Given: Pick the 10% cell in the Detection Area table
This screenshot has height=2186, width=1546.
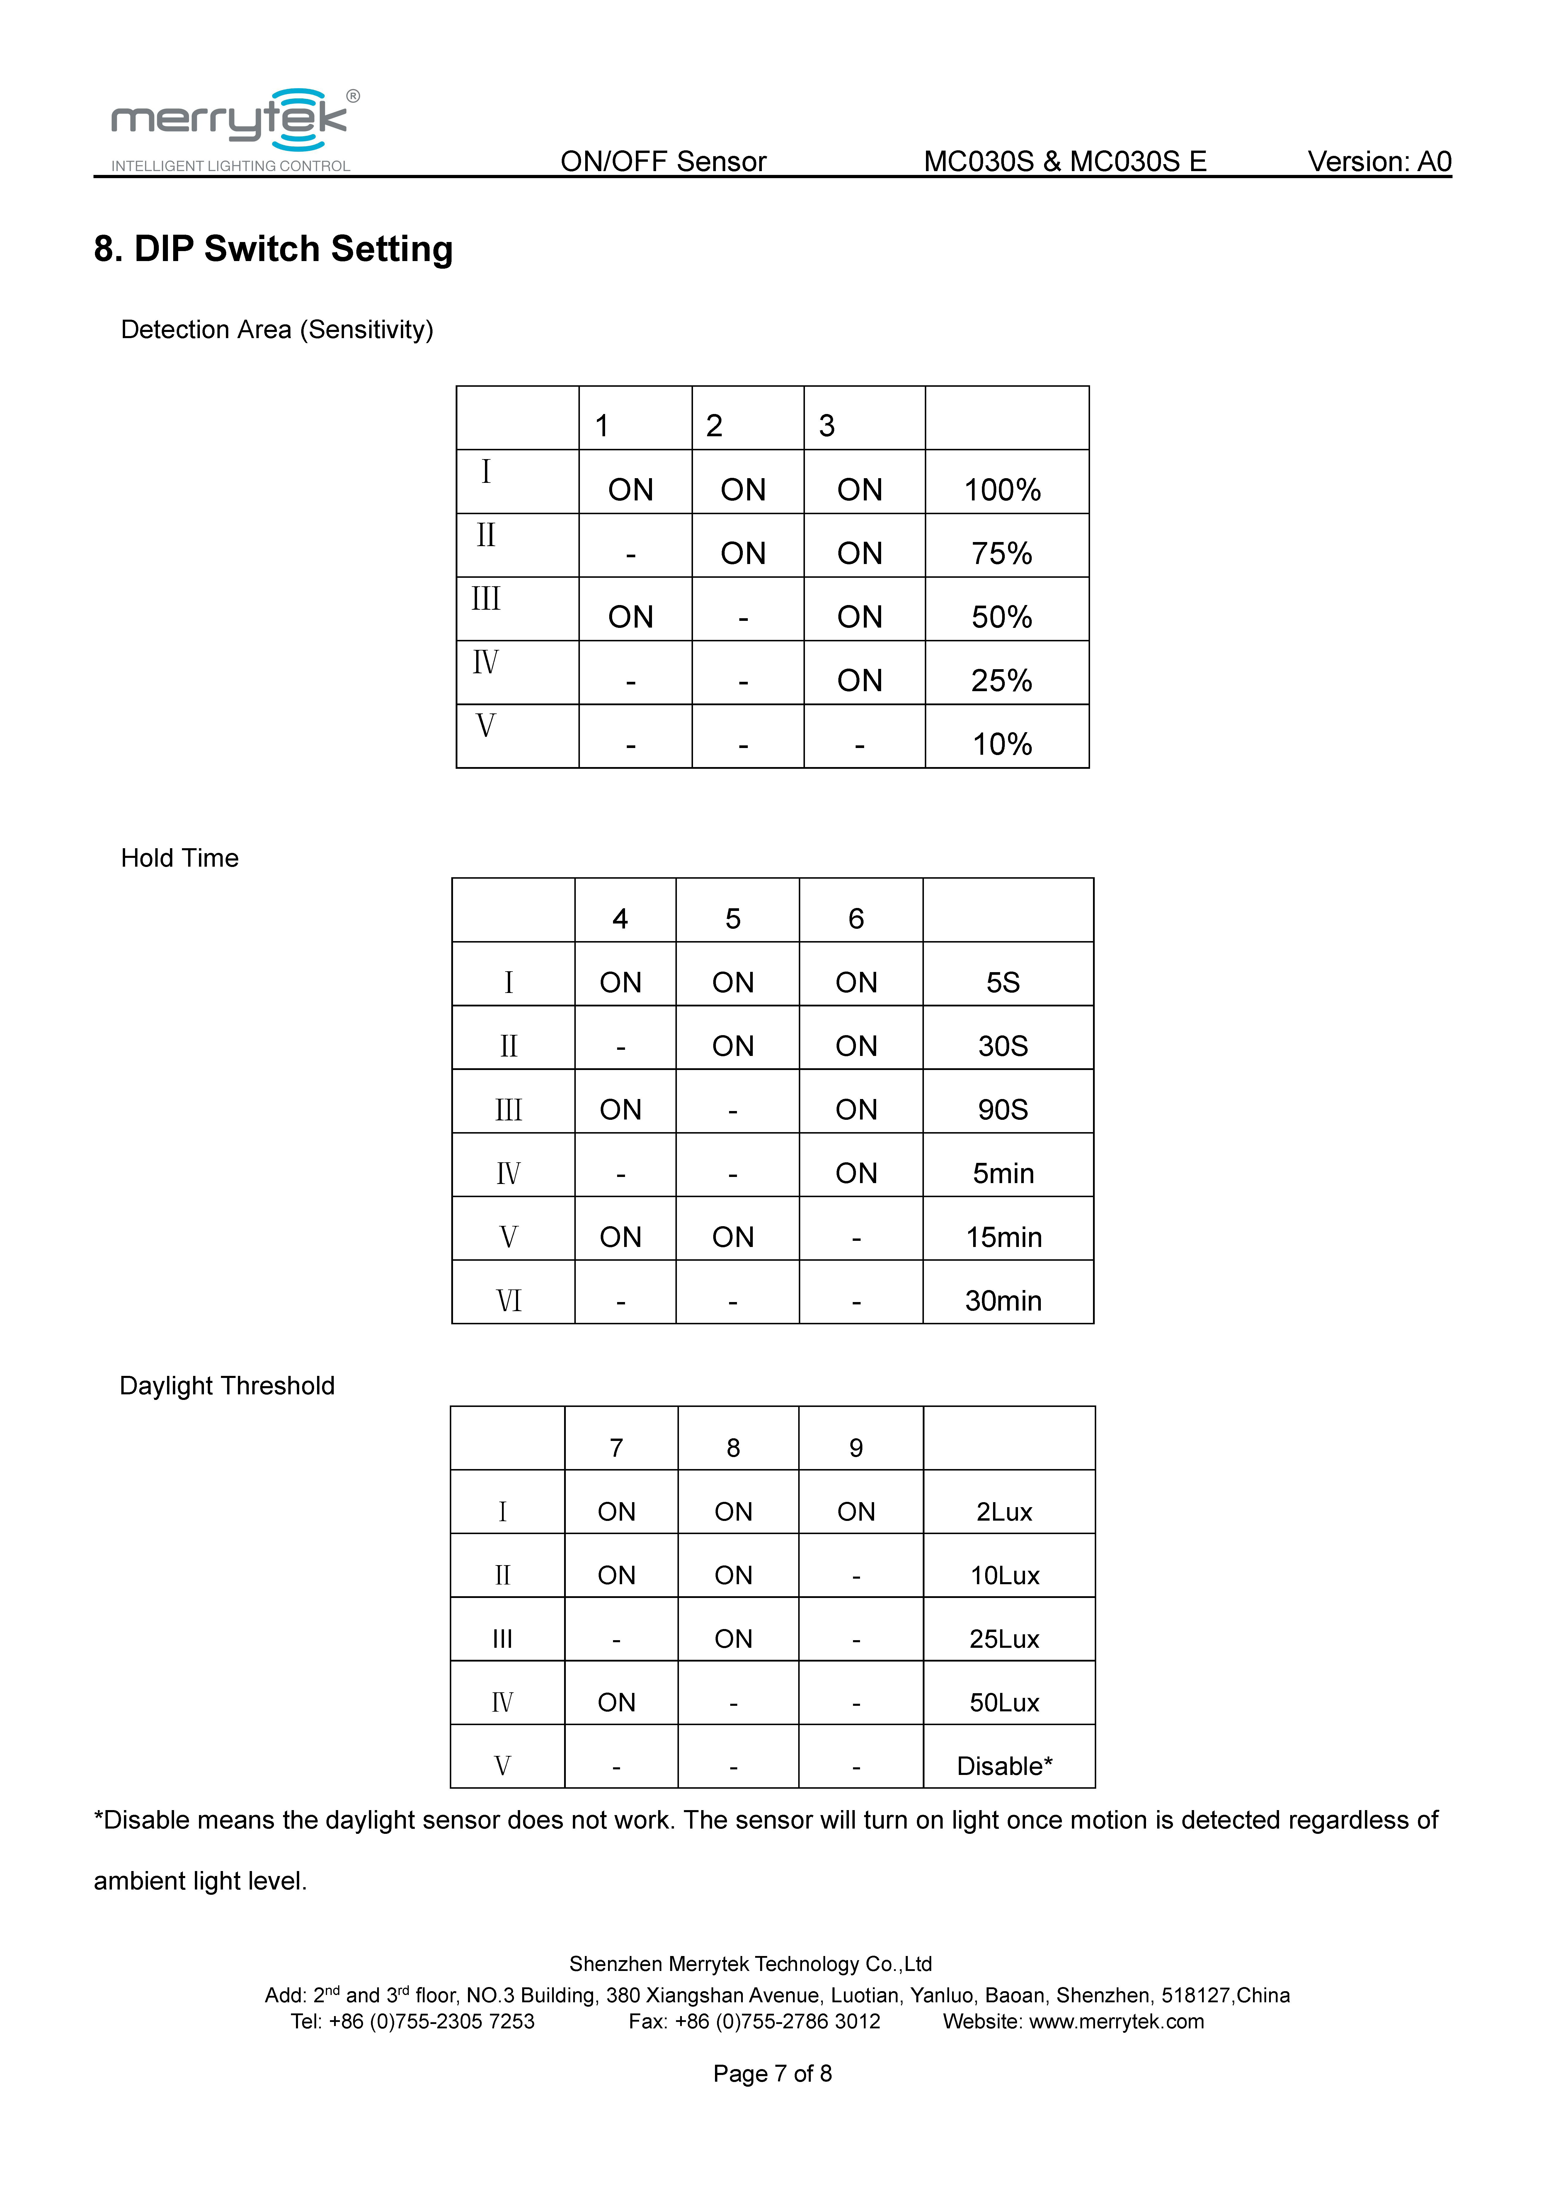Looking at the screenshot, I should (1002, 744).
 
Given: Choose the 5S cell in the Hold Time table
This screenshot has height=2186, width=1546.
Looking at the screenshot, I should (1003, 982).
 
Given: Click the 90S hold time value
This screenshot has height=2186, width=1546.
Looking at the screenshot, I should (1003, 1109).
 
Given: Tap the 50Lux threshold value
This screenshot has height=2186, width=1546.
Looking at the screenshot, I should (1004, 1702).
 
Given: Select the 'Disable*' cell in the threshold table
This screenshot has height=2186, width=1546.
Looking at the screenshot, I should (1004, 1766).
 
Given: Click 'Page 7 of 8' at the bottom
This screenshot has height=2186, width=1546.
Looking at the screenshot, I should (772, 2074).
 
